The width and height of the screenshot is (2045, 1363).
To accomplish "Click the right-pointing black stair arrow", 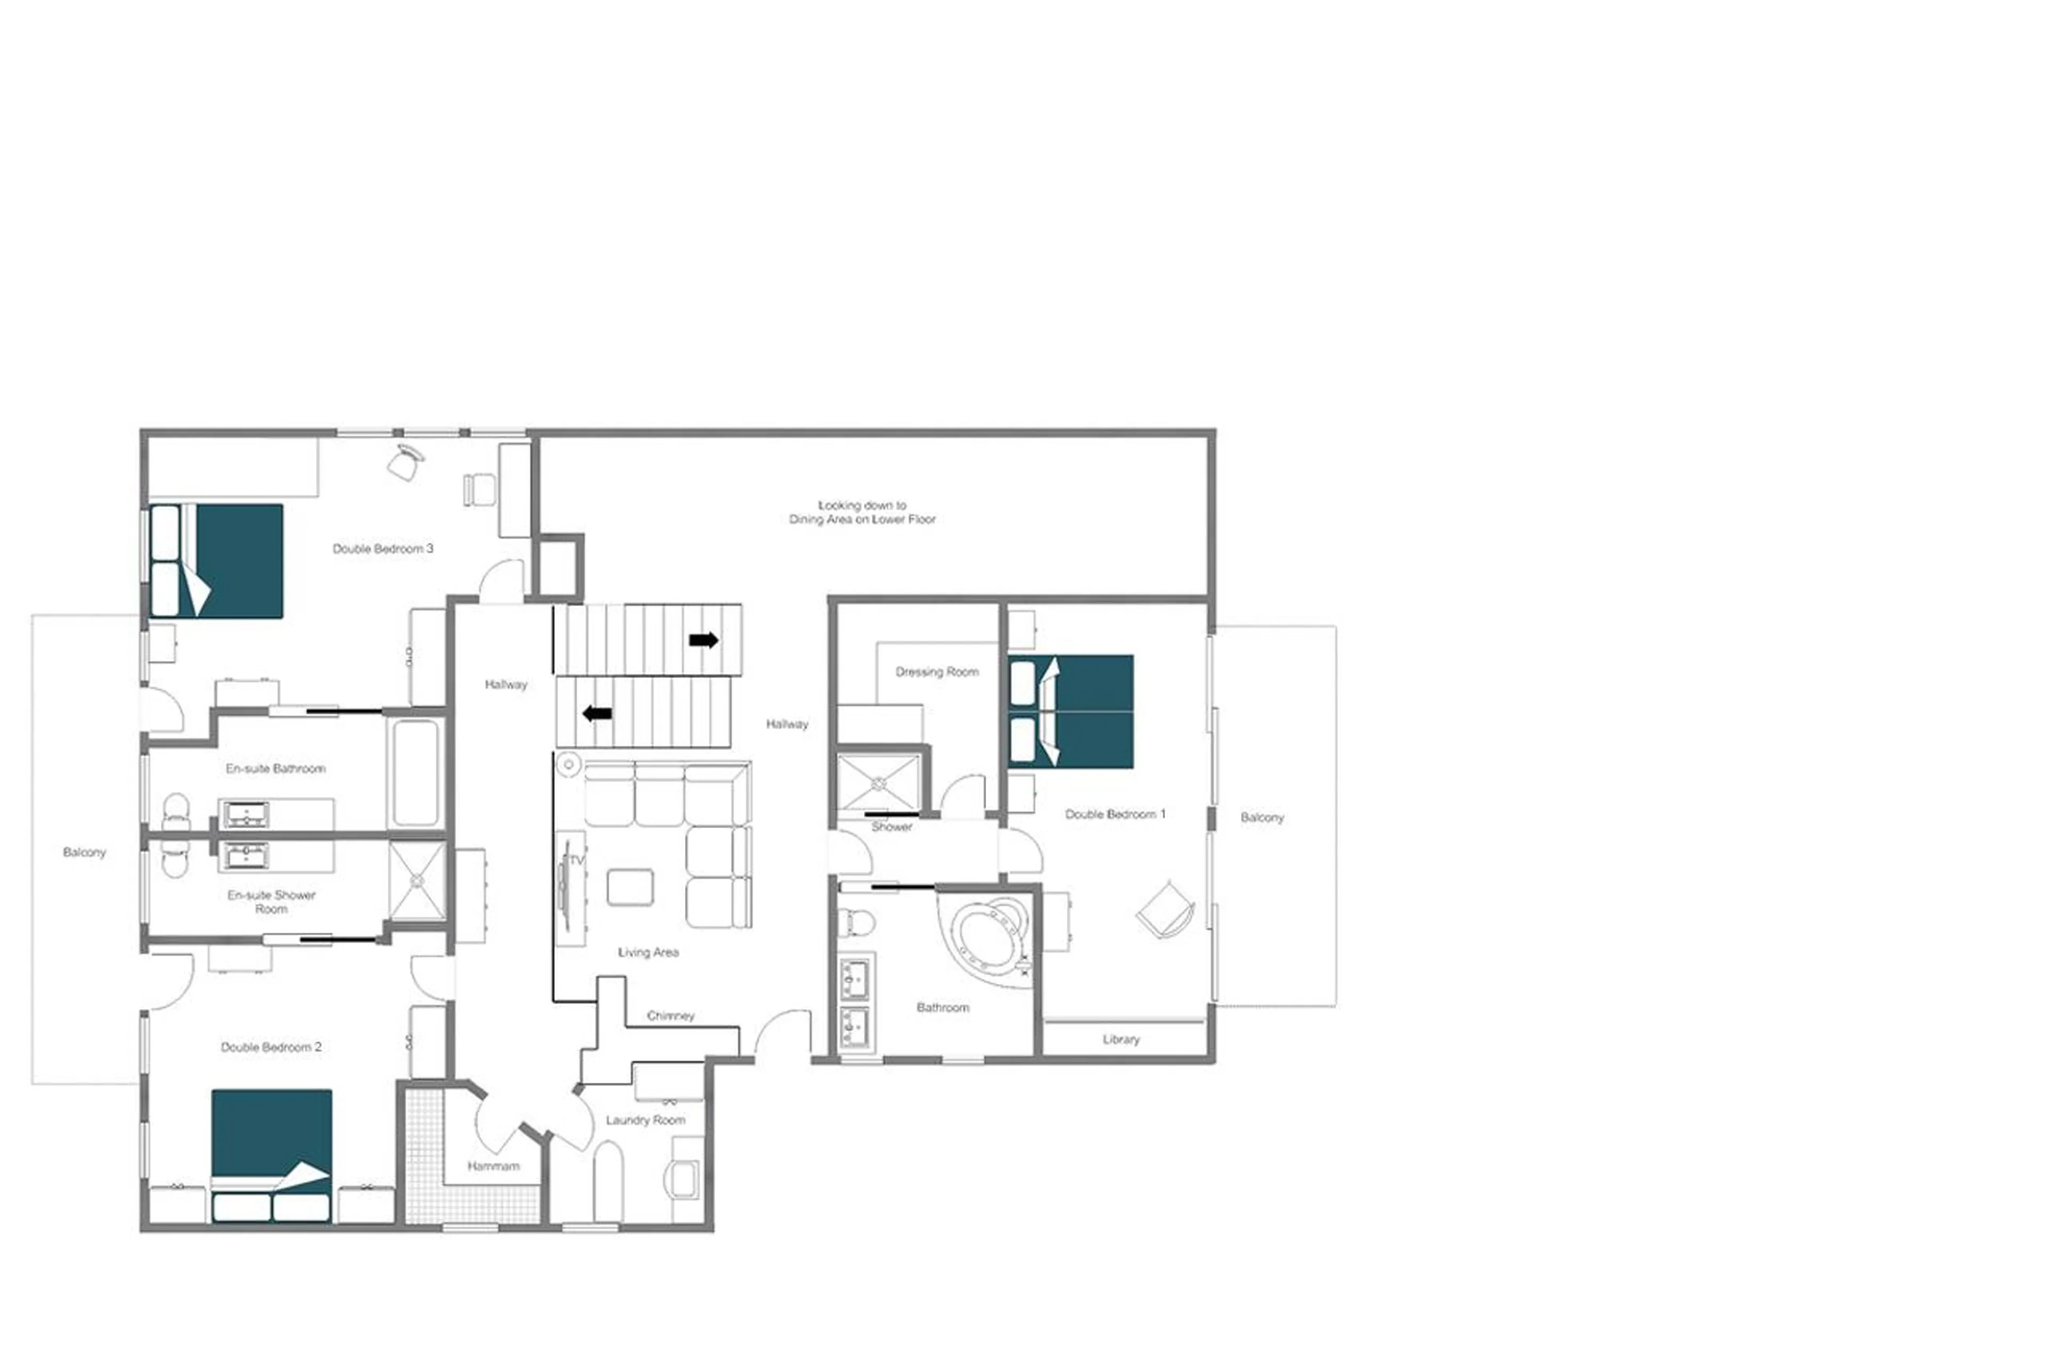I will click(x=703, y=641).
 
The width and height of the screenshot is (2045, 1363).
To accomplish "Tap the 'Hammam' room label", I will click(x=493, y=1166).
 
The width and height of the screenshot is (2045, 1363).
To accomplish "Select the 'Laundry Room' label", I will click(x=645, y=1120).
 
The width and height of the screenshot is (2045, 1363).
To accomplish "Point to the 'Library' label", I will click(x=1120, y=1039).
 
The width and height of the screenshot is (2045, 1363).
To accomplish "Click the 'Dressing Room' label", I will click(x=936, y=672).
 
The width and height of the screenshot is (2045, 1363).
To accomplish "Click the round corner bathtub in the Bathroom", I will click(x=987, y=936).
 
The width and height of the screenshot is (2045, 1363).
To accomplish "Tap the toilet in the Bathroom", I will click(x=856, y=920).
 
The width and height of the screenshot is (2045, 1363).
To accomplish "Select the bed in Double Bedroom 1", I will click(x=1071, y=711).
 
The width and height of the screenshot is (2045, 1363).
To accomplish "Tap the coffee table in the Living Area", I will click(x=630, y=887).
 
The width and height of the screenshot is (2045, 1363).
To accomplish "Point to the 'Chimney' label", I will click(x=670, y=1015).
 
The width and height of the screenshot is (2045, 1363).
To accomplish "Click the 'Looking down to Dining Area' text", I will click(x=861, y=512).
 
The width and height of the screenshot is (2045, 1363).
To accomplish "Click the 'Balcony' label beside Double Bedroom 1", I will click(x=1261, y=817).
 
